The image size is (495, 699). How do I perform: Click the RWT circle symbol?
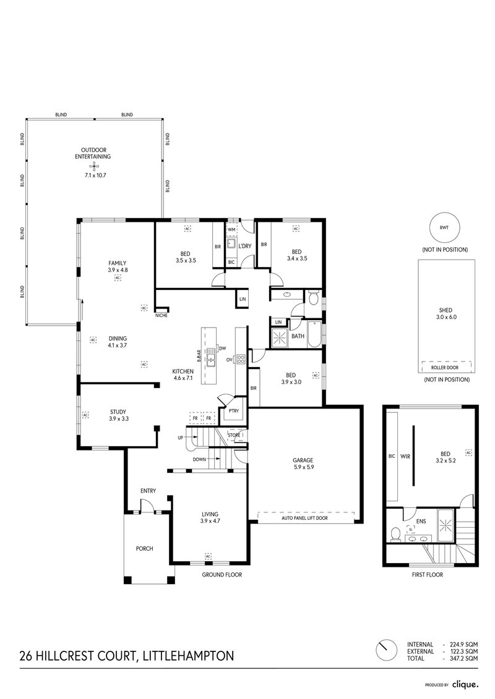[444, 227]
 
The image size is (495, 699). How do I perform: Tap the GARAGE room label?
[304, 460]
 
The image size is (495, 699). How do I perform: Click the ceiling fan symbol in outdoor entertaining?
[93, 166]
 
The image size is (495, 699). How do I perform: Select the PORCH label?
[144, 548]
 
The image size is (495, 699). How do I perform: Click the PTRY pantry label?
[233, 410]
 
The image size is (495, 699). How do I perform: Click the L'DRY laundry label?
[245, 246]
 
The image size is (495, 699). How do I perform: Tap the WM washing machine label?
[231, 229]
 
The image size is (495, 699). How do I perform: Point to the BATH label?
[298, 336]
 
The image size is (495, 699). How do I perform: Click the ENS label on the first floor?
[421, 521]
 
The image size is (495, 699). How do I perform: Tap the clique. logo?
[464, 684]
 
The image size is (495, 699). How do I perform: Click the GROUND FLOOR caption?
[222, 574]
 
